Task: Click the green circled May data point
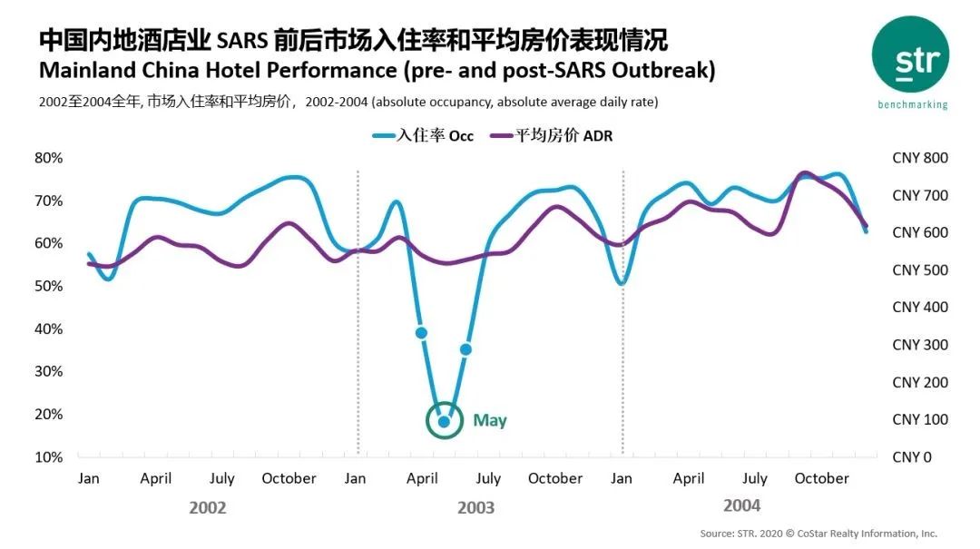(444, 421)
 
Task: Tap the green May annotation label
(490, 420)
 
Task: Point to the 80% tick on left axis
(49, 158)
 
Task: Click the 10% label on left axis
(49, 456)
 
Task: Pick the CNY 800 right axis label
(920, 158)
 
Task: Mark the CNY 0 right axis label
(912, 456)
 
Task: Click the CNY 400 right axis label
(920, 307)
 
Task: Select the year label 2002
(208, 507)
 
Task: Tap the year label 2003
(475, 507)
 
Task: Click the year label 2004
(741, 505)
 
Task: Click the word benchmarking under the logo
(912, 104)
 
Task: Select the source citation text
(818, 534)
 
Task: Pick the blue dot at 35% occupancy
(466, 349)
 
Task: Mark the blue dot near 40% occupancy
(421, 333)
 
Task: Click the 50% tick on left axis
(49, 286)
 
